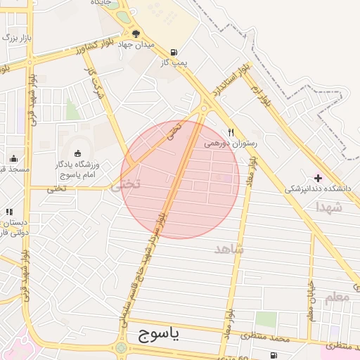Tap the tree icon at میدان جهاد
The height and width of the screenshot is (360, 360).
136,33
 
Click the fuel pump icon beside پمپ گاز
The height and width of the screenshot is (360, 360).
174,52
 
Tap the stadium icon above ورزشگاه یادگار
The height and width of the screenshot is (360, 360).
77,153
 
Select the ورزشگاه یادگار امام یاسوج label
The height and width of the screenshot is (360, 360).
77,169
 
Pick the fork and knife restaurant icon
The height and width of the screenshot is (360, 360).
231,131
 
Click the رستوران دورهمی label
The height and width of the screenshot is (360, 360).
231,142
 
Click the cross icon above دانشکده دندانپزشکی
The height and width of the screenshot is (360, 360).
318,178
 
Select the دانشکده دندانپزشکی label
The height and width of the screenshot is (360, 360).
317,188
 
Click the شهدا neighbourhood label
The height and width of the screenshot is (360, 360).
328,207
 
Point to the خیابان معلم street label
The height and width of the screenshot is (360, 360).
310,298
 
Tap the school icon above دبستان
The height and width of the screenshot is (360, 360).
9,212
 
